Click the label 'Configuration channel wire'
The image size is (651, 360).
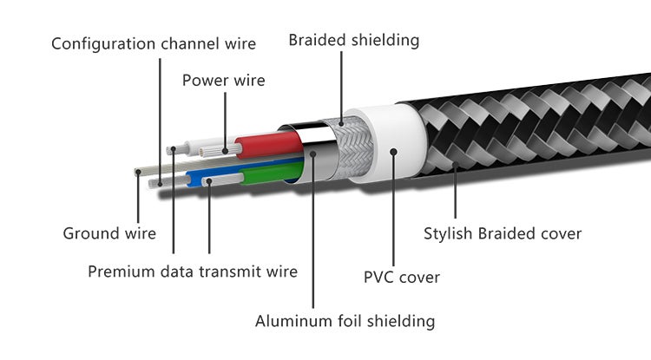pyautogui.click(x=154, y=43)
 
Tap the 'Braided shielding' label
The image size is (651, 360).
pyautogui.click(x=353, y=40)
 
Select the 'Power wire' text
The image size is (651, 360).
pyautogui.click(x=223, y=81)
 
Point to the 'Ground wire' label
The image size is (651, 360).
pyautogui.click(x=109, y=232)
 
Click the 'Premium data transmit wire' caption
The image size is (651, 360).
pyautogui.click(x=193, y=272)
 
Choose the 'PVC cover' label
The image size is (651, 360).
pyautogui.click(x=401, y=278)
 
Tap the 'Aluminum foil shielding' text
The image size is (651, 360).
pyautogui.click(x=345, y=321)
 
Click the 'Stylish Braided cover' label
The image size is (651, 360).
pyautogui.click(x=502, y=232)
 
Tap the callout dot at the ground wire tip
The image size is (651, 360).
pyautogui.click(x=138, y=172)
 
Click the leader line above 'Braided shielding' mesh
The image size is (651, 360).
pyautogui.click(x=341, y=87)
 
